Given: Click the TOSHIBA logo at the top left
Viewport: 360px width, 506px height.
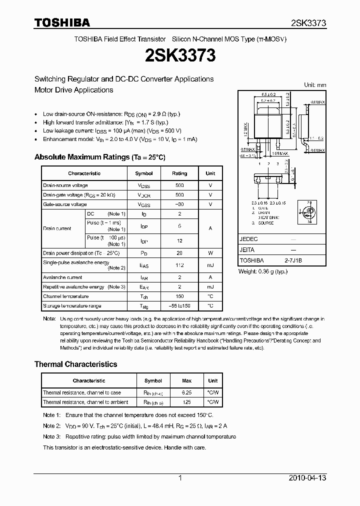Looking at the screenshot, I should tap(62, 22).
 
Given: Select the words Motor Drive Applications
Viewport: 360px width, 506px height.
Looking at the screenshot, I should tap(73, 90).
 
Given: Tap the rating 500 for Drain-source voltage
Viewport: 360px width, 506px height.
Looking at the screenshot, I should tap(179, 185).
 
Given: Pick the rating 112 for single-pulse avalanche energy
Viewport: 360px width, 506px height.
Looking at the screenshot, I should tap(179, 265).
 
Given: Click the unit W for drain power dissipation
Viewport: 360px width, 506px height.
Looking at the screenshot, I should tap(210, 253).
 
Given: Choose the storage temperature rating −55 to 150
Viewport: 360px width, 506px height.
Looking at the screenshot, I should tap(179, 305).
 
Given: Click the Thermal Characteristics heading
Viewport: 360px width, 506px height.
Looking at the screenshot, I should tap(75, 364).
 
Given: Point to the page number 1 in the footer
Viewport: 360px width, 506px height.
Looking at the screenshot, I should tap(180, 478).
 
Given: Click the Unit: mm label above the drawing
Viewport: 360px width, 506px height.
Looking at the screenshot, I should tap(315, 85).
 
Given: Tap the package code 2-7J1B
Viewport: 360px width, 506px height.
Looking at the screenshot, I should tap(293, 260).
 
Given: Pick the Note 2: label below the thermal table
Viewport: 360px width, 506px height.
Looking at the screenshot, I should tap(51, 426).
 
